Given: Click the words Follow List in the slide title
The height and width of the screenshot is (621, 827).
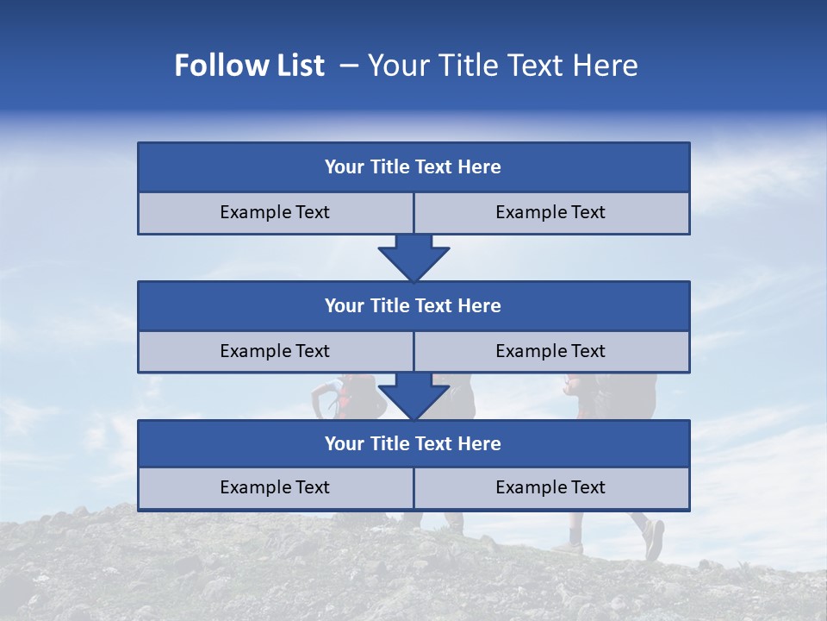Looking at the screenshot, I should pos(250,66).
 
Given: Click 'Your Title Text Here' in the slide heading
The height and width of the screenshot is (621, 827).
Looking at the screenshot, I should pos(502,66).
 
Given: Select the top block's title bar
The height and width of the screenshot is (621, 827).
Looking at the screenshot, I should pos(413,167).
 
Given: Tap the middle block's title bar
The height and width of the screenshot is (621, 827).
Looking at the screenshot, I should pos(413,306).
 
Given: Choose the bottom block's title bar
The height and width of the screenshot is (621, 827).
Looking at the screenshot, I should pos(413,444).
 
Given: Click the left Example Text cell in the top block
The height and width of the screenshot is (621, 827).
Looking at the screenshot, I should pos(276,213).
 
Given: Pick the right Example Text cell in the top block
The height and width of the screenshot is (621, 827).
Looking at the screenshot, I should pos(551,213).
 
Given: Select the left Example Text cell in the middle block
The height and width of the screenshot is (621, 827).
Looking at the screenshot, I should pos(276,352).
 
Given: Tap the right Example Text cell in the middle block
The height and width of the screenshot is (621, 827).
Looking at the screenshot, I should pos(551,352).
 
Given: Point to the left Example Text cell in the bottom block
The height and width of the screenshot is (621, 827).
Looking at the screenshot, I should pos(276,488).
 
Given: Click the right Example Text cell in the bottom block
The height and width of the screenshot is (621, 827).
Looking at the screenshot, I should pos(551,488).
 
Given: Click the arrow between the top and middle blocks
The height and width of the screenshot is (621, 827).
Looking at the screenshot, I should pos(413,258).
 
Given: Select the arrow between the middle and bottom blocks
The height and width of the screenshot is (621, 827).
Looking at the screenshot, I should pos(413,397).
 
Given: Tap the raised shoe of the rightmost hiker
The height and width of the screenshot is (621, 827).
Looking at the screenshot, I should pos(654,539).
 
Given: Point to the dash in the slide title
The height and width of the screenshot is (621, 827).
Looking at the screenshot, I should pos(350,66).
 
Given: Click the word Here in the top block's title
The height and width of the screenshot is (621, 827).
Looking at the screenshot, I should pos(480,167).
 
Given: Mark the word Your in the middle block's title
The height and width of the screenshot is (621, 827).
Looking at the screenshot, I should pos(344,306).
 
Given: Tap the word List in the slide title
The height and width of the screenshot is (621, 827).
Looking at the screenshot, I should pos(298,66).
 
